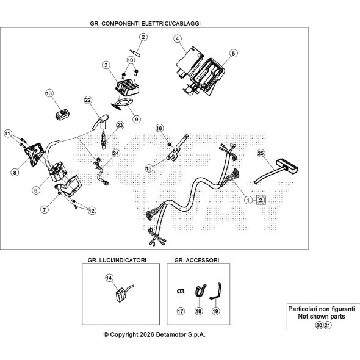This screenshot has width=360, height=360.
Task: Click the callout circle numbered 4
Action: [x=177, y=39]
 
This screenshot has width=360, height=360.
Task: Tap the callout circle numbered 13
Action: [x=49, y=93]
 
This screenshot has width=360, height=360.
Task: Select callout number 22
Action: [x=88, y=100]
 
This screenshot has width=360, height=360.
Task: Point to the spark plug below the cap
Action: [x=104, y=140]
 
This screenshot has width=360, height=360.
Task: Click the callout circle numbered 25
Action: [x=261, y=153]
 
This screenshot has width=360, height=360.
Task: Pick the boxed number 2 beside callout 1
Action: [x=261, y=200]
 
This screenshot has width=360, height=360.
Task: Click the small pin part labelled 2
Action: [x=135, y=52]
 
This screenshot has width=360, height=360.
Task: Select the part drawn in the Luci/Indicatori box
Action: [x=123, y=293]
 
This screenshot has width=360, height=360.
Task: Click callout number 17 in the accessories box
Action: [x=181, y=311]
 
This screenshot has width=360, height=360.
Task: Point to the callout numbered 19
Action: [x=215, y=311]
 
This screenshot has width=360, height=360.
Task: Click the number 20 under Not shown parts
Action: [x=319, y=325]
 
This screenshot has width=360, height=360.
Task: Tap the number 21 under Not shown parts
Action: [x=328, y=325]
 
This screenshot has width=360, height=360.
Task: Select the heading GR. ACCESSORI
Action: [x=196, y=260]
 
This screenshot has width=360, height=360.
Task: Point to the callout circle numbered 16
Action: [x=159, y=128]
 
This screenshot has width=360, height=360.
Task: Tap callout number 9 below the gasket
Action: [x=137, y=119]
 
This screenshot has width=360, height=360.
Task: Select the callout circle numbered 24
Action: [x=116, y=153]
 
